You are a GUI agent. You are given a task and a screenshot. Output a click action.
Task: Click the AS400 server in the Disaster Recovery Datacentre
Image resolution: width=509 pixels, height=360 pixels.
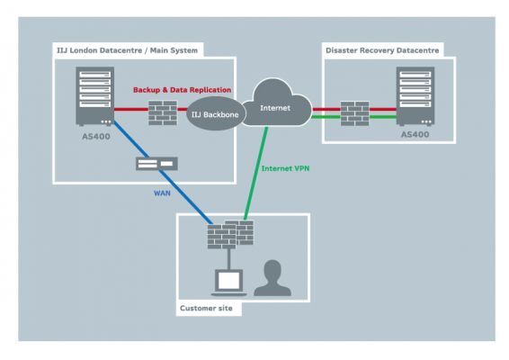[x=414, y=101]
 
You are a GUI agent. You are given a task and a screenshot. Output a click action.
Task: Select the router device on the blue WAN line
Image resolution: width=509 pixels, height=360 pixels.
[x=154, y=164]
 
